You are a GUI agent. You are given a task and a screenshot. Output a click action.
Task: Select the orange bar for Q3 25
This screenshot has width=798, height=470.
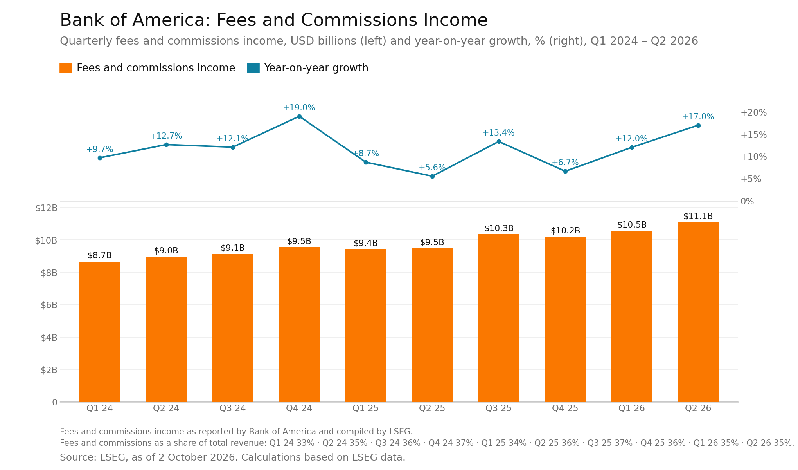pos(499,318)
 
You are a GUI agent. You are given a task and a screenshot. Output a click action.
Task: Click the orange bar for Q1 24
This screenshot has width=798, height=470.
pos(100,332)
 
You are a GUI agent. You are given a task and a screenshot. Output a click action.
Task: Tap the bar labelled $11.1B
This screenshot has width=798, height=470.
pos(698,312)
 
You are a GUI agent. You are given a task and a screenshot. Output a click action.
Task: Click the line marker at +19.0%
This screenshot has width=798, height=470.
pos(299,116)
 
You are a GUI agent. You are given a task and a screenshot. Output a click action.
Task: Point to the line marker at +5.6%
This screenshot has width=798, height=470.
pos(432,176)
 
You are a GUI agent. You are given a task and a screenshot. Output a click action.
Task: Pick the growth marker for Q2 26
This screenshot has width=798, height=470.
pos(698,125)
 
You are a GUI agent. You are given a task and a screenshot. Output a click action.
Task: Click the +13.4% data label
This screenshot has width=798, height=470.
pos(498,133)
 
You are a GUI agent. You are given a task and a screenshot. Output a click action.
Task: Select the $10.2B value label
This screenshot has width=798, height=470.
pos(565,231)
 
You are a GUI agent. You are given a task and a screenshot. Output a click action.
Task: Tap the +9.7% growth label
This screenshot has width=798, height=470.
pos(100,149)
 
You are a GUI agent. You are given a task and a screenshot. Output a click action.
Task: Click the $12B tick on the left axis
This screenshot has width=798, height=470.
pos(46,208)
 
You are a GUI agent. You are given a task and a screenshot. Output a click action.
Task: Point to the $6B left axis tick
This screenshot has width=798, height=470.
pos(49,305)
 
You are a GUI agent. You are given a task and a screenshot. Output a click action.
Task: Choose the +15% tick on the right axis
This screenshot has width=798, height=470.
pos(753,135)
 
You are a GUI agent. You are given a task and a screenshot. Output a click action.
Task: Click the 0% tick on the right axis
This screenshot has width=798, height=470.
pos(747,201)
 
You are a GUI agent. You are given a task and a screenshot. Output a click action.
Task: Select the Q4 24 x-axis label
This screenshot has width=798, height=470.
pos(299,408)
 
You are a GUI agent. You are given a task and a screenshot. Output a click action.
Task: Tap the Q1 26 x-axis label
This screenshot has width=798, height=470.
pos(632,408)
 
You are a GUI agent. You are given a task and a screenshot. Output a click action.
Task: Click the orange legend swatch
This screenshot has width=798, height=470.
pos(66,68)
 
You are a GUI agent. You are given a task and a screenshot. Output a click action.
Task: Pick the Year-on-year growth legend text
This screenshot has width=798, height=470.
pos(316,68)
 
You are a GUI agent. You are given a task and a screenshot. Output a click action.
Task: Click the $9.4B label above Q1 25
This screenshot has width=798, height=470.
pos(366,243)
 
